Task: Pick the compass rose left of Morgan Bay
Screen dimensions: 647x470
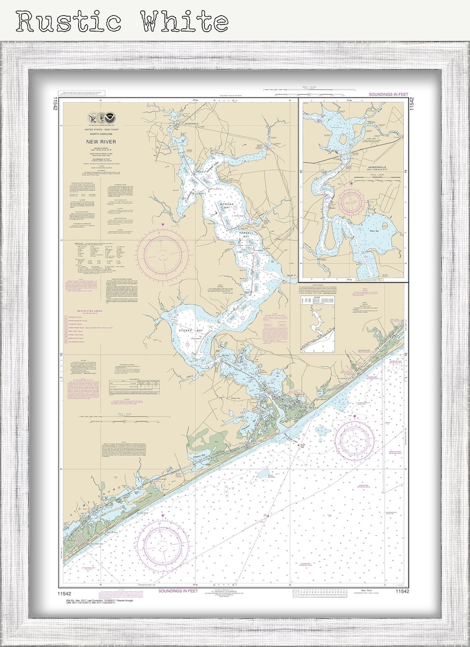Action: (163, 253)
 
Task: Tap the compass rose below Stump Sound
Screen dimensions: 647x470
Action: (163, 542)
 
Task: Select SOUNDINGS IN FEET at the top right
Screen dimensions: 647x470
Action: (384, 94)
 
